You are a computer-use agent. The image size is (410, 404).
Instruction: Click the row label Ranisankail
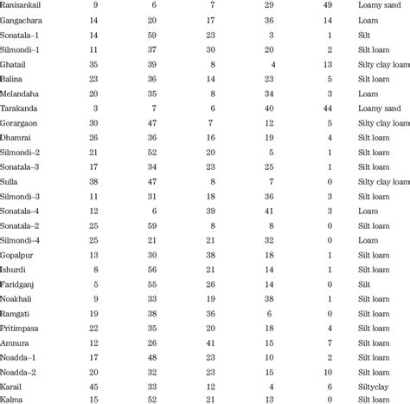click(24, 4)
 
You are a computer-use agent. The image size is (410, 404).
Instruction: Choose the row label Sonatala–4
click(22, 209)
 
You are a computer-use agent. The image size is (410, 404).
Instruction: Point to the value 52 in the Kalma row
click(152, 399)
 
